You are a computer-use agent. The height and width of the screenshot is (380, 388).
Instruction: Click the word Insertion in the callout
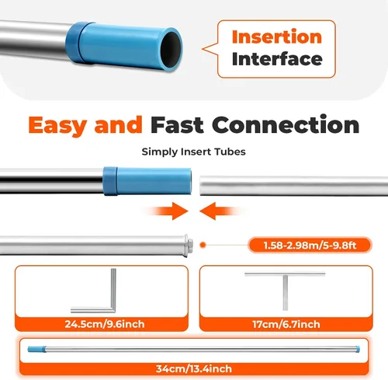coord(277,37)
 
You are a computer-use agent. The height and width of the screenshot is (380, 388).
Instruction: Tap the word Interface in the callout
coord(277,59)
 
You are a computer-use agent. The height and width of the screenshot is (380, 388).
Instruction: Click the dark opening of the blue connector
coord(170,49)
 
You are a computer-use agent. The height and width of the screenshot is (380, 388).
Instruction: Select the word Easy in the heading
coord(57,126)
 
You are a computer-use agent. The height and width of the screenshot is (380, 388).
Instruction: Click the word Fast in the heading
coord(177,125)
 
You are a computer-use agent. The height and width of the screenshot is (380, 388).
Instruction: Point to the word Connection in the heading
coord(286,124)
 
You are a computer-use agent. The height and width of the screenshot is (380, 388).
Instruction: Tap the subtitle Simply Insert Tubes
coord(193,152)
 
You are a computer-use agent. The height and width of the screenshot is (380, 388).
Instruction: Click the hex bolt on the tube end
coord(190,245)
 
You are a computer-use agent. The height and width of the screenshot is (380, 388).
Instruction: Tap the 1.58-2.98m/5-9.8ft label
coord(310,245)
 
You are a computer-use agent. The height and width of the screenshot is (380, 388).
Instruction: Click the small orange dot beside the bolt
coord(203,245)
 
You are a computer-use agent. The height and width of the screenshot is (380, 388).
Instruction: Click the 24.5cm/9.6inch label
coord(105,324)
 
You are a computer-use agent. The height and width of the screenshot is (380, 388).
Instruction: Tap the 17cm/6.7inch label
coord(286,324)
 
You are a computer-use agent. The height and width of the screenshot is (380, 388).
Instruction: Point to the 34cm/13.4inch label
coord(194,368)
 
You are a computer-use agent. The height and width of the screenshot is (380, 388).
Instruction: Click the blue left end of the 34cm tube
coord(36,349)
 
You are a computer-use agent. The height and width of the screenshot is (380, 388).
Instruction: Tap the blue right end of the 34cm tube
coord(358,349)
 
